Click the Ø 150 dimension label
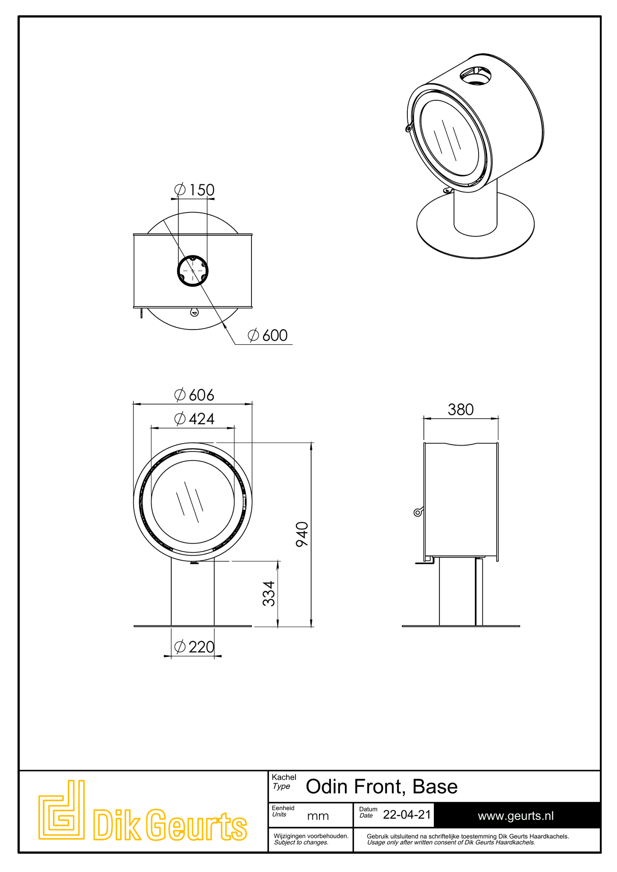coord(194,190)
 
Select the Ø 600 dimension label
coord(268,335)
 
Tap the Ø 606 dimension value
coord(194,395)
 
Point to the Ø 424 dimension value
coord(194,419)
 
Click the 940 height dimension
coord(302,534)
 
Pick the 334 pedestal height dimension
coord(269,593)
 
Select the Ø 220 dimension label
coord(194,647)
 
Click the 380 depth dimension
coord(461,410)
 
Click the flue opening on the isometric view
coord(475,76)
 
